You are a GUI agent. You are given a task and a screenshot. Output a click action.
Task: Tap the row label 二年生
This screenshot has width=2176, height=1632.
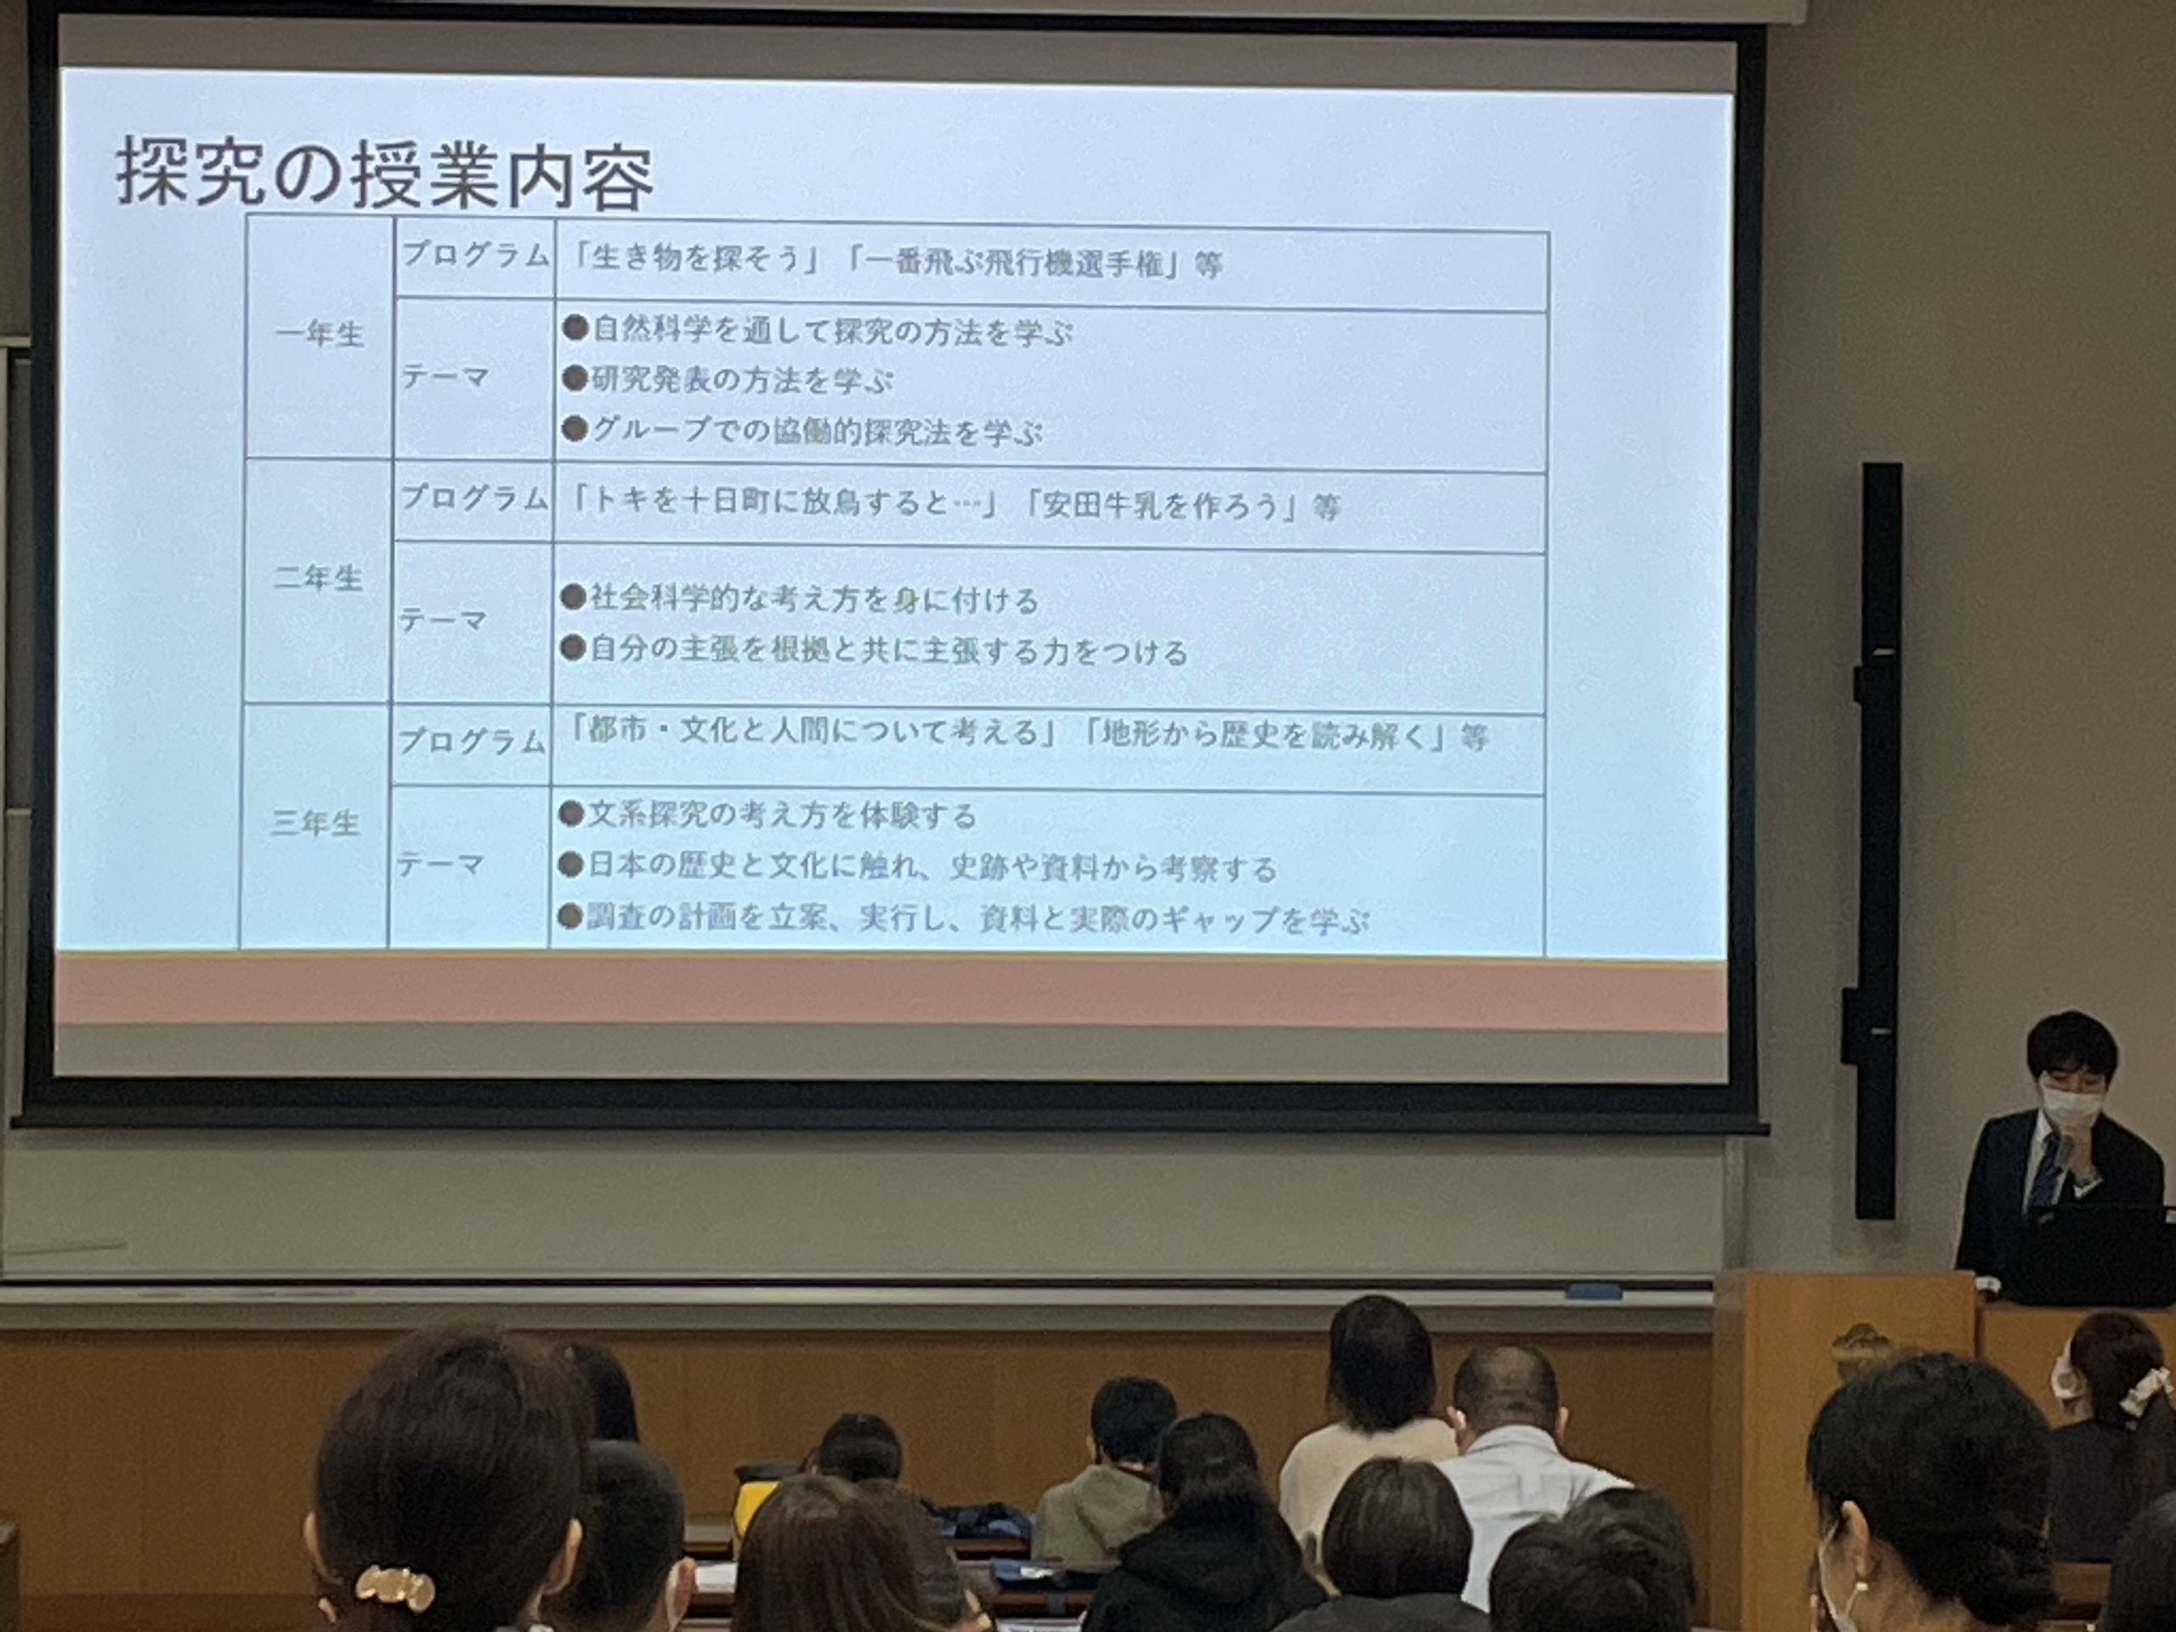tap(317, 579)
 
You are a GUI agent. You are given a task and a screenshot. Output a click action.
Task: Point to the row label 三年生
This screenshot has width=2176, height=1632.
tap(314, 824)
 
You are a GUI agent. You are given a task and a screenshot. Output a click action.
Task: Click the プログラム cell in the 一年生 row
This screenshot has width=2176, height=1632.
tap(475, 256)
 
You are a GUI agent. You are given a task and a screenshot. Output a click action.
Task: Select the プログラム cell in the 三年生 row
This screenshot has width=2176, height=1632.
tap(471, 740)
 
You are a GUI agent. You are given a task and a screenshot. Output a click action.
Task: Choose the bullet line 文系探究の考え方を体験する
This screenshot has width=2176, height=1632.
tap(768, 815)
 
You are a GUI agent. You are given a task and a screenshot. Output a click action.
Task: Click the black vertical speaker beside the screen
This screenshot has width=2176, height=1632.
tap(1878, 842)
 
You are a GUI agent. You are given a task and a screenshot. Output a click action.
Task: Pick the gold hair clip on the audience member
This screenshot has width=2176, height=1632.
tap(394, 1587)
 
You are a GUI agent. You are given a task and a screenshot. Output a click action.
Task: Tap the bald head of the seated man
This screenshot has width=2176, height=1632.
tap(1504, 1393)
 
